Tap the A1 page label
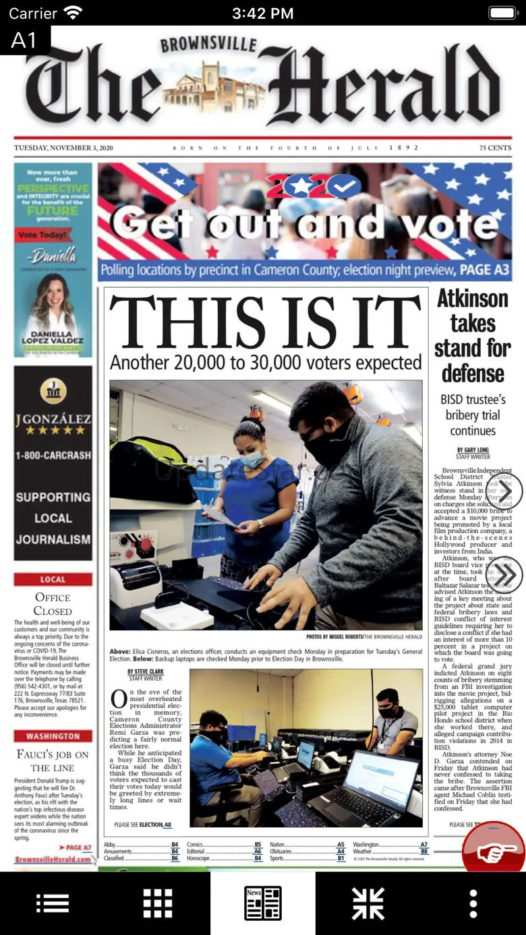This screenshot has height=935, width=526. (24, 40)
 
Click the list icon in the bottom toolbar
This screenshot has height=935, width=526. (53, 903)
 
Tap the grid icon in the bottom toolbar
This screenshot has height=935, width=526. (158, 903)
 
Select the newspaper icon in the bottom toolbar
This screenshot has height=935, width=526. (263, 903)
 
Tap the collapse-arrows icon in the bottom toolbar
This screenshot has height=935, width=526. (368, 903)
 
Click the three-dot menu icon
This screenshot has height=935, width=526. (473, 903)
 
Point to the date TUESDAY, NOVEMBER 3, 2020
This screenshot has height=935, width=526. (63, 148)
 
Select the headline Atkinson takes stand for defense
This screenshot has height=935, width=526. (473, 336)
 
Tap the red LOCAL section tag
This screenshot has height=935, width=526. (53, 579)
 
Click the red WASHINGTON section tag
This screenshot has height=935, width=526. (53, 736)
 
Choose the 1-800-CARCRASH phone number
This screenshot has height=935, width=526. (53, 455)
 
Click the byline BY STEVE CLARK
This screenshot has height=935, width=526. (146, 671)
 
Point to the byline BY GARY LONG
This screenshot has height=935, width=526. (473, 450)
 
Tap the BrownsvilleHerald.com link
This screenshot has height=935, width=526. (53, 859)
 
